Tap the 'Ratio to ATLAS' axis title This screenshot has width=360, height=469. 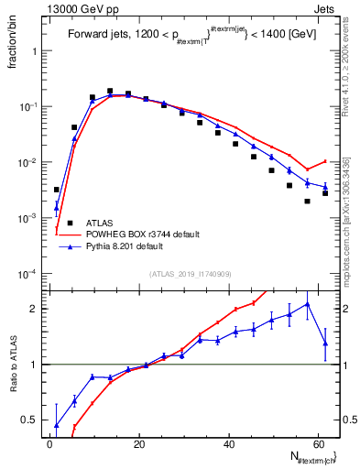tap(13, 385)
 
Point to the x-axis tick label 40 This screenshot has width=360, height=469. tap(227, 443)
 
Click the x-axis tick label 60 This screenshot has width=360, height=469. tap(317, 443)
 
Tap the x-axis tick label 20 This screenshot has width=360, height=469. tap(138, 443)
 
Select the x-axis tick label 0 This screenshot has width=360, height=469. tap(49, 443)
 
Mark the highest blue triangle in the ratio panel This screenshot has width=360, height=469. tap(307, 304)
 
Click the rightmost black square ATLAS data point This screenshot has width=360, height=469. tap(325, 193)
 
